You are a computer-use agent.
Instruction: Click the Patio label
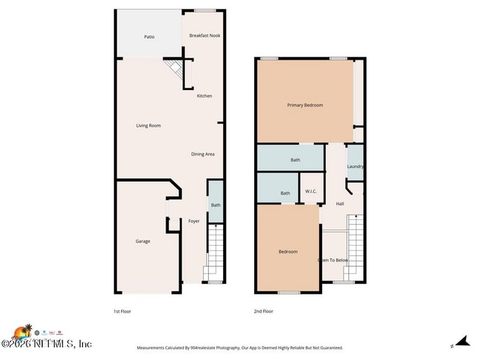point(148,36)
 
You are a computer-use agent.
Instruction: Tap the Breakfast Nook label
point(205,35)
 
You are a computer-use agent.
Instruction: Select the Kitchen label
point(205,96)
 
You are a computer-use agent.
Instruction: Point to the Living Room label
point(148,125)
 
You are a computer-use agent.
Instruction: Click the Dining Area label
point(203,154)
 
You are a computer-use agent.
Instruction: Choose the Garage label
point(143,241)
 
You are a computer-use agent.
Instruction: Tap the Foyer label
point(193,221)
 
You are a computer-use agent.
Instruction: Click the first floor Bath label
point(215,206)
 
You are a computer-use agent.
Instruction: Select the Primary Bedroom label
point(305,105)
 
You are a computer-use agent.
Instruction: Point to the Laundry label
point(355,167)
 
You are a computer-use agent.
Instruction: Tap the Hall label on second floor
point(340,204)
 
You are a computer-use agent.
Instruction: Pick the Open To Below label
point(332,260)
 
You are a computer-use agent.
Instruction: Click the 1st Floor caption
point(123,311)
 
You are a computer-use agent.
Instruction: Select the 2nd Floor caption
point(264,311)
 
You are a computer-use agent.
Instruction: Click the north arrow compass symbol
point(462,342)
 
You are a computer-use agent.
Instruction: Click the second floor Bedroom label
point(288,252)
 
